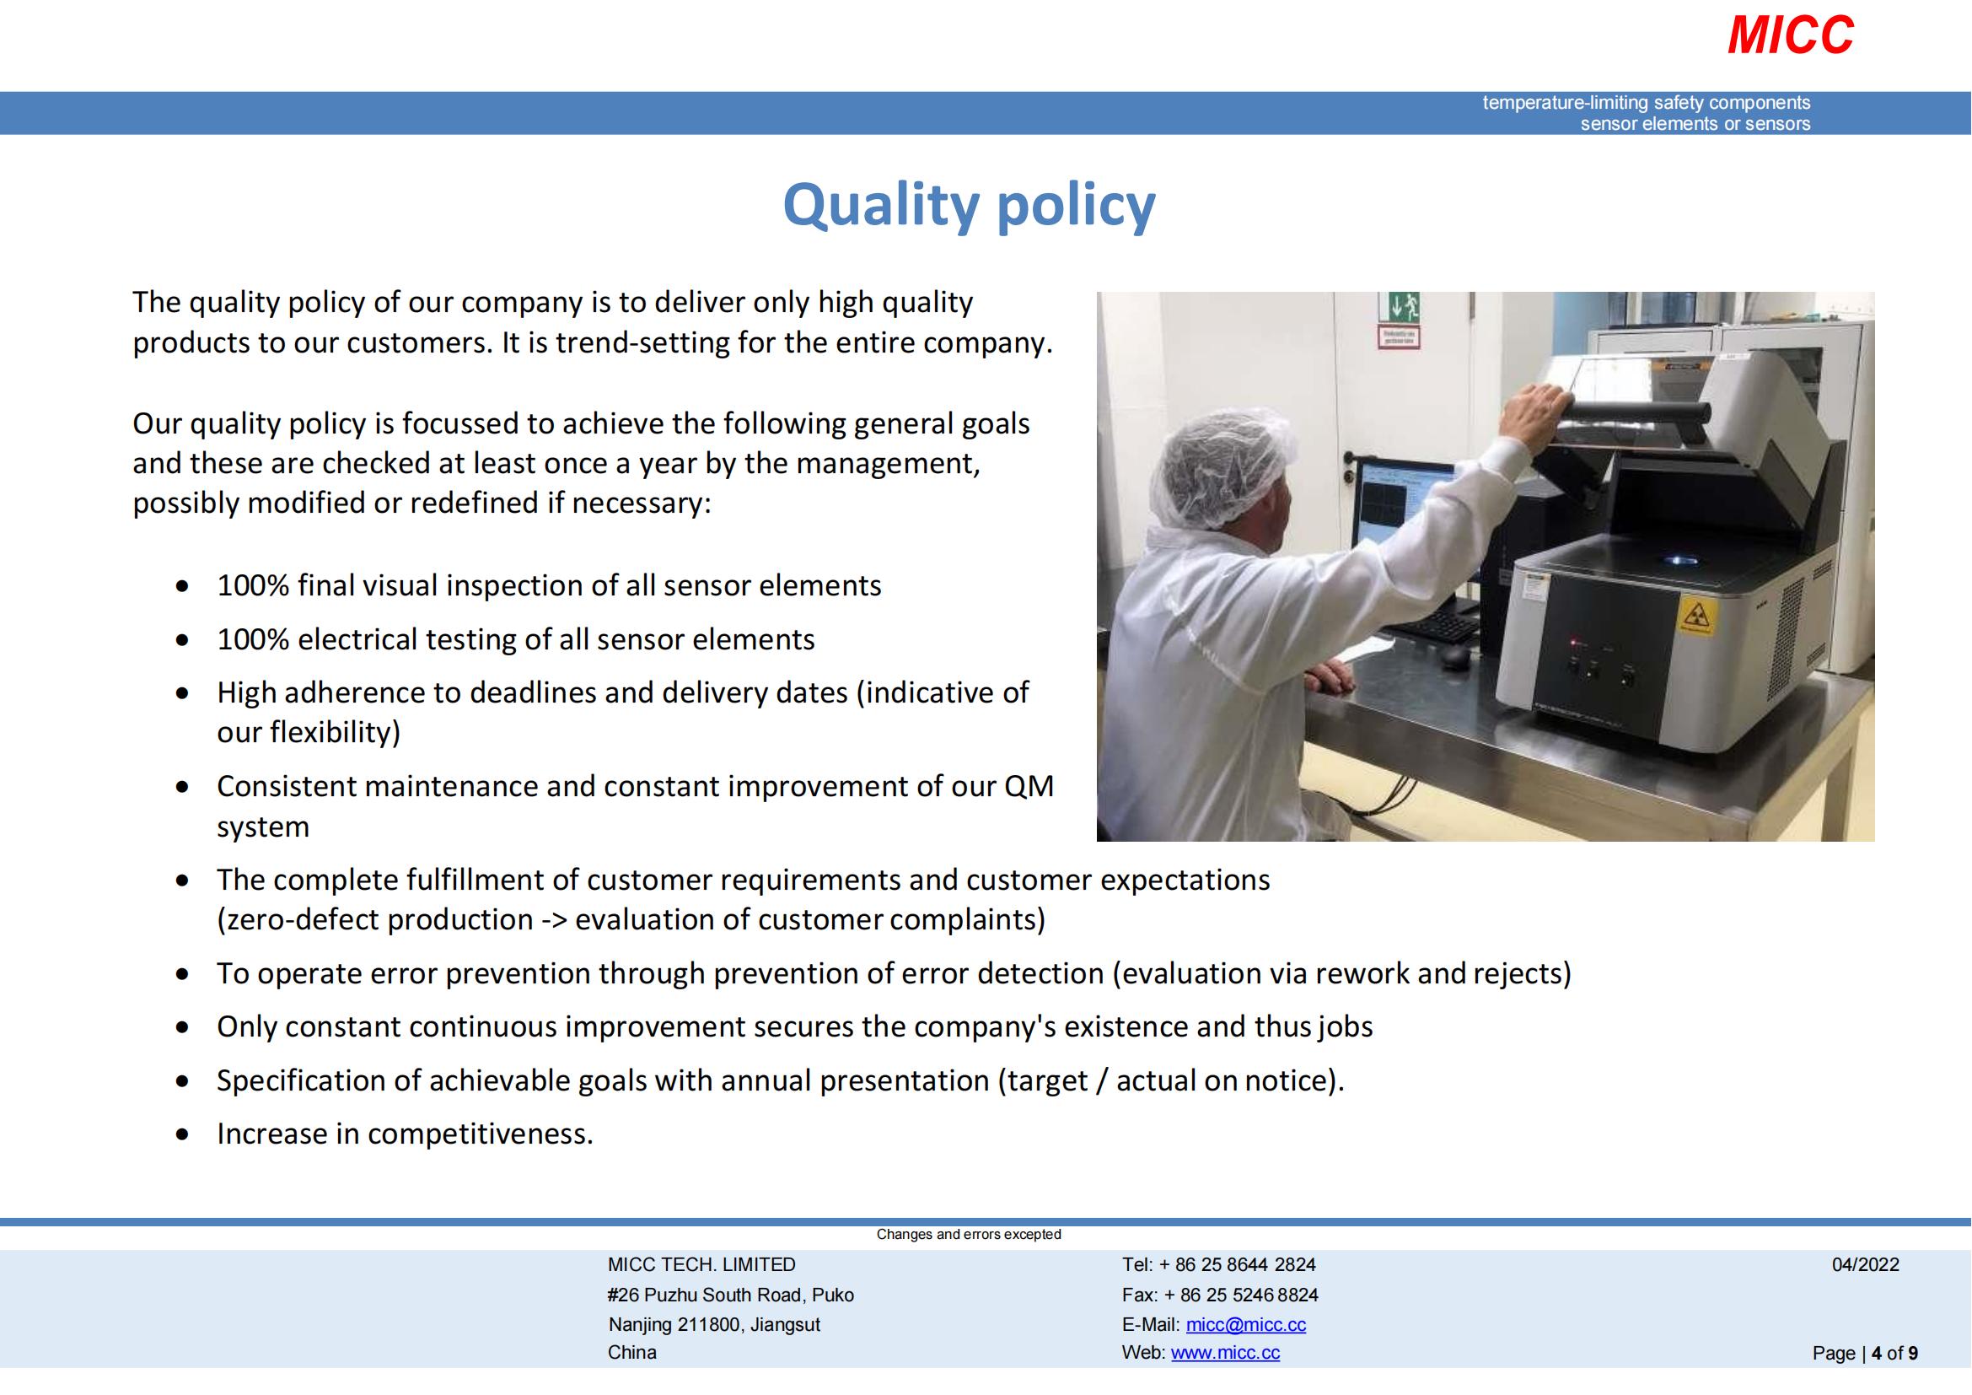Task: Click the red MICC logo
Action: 1791,35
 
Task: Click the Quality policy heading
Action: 969,206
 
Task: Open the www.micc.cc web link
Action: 1225,1353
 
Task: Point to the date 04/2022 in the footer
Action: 1866,1264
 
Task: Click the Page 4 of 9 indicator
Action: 1865,1354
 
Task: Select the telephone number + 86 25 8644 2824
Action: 1237,1264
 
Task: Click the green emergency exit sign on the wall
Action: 1400,306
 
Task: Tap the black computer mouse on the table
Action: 1453,656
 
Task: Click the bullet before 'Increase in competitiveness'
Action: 181,1134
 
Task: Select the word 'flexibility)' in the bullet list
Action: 335,733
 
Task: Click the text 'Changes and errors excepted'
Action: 969,1235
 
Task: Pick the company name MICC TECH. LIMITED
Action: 701,1264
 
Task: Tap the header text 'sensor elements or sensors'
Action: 1695,124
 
